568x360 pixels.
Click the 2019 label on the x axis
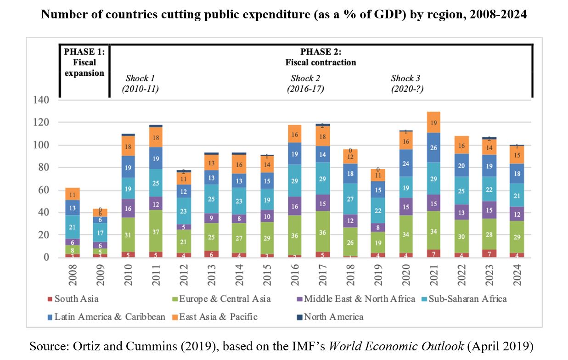click(379, 274)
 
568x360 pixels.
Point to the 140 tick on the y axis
click(41, 100)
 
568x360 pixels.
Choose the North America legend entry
click(333, 317)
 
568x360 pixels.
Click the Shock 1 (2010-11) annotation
click(140, 84)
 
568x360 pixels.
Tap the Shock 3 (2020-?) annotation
click(407, 84)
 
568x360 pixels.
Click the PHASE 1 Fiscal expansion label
click(84, 62)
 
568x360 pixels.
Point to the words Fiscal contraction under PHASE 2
click(321, 62)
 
